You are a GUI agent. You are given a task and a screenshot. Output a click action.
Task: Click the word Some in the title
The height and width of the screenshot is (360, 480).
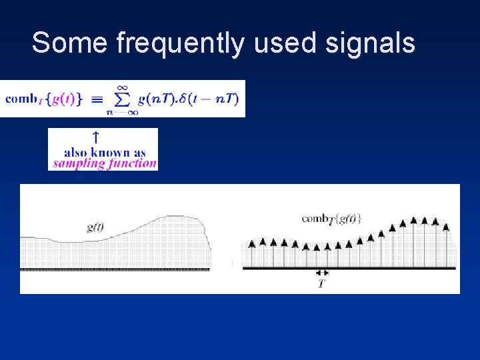click(x=69, y=43)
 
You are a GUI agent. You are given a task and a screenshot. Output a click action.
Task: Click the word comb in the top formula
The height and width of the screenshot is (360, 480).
click(x=21, y=99)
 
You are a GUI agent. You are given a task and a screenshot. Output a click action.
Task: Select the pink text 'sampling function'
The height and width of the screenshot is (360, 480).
click(x=105, y=163)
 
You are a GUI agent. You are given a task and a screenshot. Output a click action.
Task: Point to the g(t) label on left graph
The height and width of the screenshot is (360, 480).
click(x=95, y=227)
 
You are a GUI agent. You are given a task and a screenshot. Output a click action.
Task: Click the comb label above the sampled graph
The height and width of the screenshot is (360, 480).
click(x=331, y=219)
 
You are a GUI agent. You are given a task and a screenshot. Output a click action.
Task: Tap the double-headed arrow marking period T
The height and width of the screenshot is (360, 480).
click(x=322, y=273)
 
